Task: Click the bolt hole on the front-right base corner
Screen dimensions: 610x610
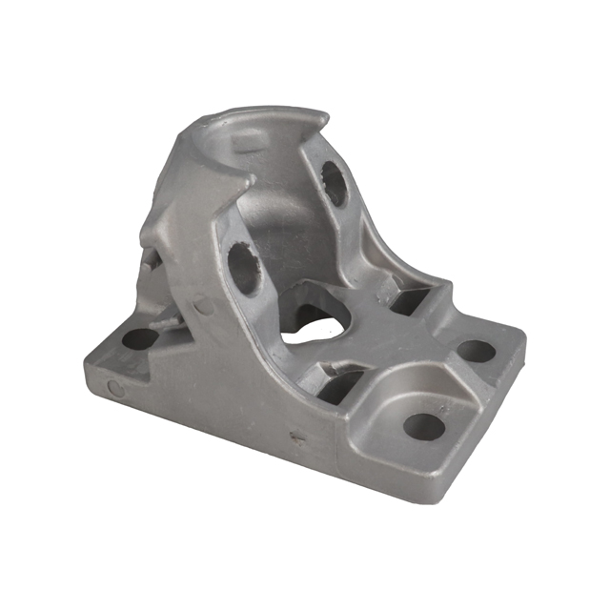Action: pos(424,426)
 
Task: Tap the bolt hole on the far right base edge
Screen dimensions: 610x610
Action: pos(476,351)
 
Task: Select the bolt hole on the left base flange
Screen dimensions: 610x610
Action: pos(141,338)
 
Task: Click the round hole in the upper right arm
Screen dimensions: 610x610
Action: pos(334,183)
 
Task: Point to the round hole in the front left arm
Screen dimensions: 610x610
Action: pos(244,268)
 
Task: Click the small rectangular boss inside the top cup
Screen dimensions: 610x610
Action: pos(246,142)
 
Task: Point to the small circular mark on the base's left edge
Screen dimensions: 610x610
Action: pos(115,388)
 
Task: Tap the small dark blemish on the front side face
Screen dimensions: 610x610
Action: pos(294,438)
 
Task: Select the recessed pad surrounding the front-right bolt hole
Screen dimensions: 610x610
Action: pos(410,419)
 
